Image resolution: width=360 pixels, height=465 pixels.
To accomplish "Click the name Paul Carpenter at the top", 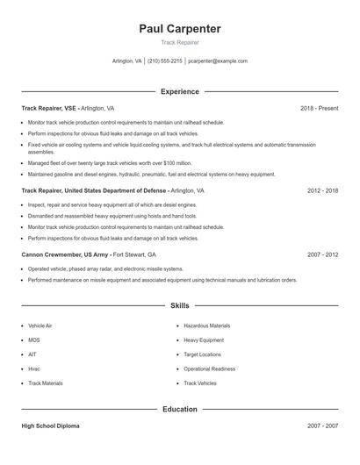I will tap(180, 29).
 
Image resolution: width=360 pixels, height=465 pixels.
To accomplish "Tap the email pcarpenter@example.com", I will tap(218, 61).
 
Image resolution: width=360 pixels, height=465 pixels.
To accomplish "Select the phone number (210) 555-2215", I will tap(165, 61).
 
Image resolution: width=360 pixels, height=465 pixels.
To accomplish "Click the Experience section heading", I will tap(180, 91).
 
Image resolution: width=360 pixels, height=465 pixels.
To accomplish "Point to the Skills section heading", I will tap(180, 305).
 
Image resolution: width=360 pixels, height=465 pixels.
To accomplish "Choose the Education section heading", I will tap(180, 409).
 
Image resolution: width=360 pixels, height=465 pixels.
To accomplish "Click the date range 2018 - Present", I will tap(319, 108).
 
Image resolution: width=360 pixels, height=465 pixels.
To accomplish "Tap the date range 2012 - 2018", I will tap(322, 190).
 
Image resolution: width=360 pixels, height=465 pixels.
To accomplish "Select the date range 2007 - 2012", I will tap(322, 254).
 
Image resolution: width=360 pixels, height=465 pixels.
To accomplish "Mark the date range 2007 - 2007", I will tap(322, 426).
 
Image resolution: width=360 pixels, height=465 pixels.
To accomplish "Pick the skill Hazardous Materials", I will tap(206, 325).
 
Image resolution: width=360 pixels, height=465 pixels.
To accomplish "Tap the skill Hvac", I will tap(34, 368).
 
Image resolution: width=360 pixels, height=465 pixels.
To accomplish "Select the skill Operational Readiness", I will tap(210, 368).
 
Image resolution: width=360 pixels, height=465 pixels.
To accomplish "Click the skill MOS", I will tap(34, 340).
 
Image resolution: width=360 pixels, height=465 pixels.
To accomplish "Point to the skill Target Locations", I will tap(203, 354).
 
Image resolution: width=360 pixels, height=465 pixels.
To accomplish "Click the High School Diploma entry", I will tap(50, 426).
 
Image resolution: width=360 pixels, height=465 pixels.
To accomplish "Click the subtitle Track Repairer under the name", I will tap(180, 42).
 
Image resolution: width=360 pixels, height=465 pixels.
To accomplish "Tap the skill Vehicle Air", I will tap(40, 325).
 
